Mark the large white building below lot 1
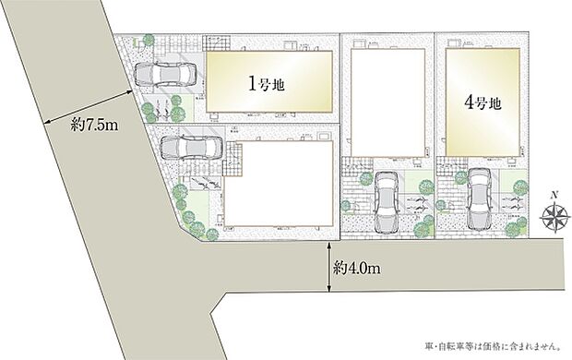pos(278,181)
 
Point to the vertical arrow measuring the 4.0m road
pos(328,270)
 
